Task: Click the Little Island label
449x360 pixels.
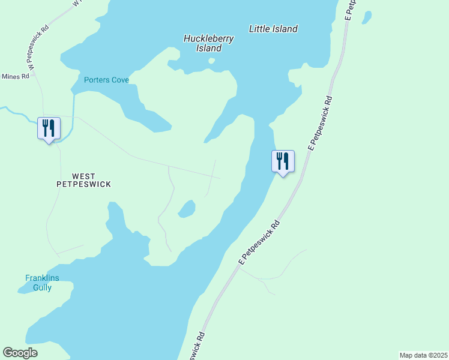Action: point(273,29)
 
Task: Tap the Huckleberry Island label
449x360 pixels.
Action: point(208,43)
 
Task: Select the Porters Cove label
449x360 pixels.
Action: point(106,80)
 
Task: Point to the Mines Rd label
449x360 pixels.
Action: point(14,76)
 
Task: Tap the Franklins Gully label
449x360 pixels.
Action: point(38,283)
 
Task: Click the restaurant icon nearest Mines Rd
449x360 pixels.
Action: point(49,128)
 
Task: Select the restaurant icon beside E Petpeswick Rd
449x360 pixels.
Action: point(283,161)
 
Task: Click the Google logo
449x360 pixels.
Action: point(20,353)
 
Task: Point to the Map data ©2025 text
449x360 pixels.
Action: point(423,355)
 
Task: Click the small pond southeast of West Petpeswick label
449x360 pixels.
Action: point(187,209)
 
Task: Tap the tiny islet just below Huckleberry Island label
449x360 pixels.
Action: point(211,60)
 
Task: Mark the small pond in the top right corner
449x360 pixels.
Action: point(366,17)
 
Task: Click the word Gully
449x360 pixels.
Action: point(42,287)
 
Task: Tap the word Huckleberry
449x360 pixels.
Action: point(208,38)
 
